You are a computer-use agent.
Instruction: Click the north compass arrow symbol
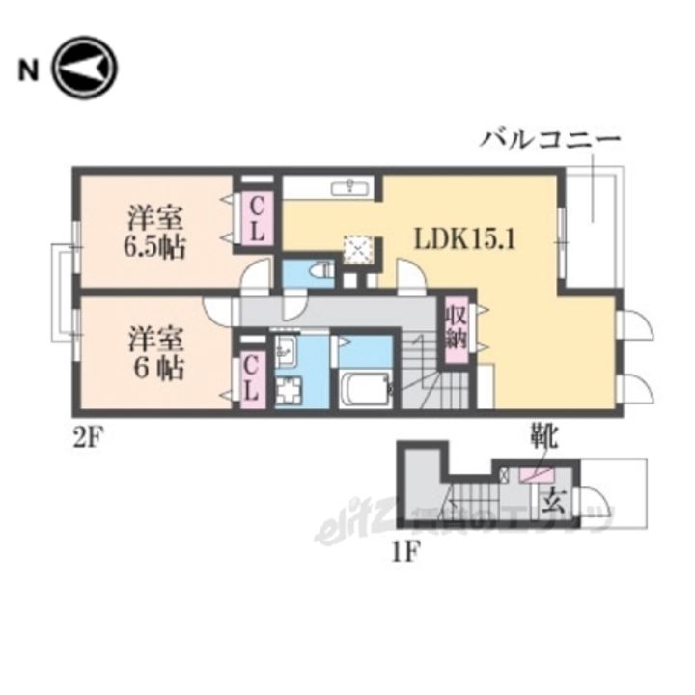click(85, 69)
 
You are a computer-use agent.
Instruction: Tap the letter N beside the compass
click(28, 69)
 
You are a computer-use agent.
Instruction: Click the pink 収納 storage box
click(456, 328)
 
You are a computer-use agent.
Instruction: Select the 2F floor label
click(86, 431)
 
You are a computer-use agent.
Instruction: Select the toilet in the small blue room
click(320, 274)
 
